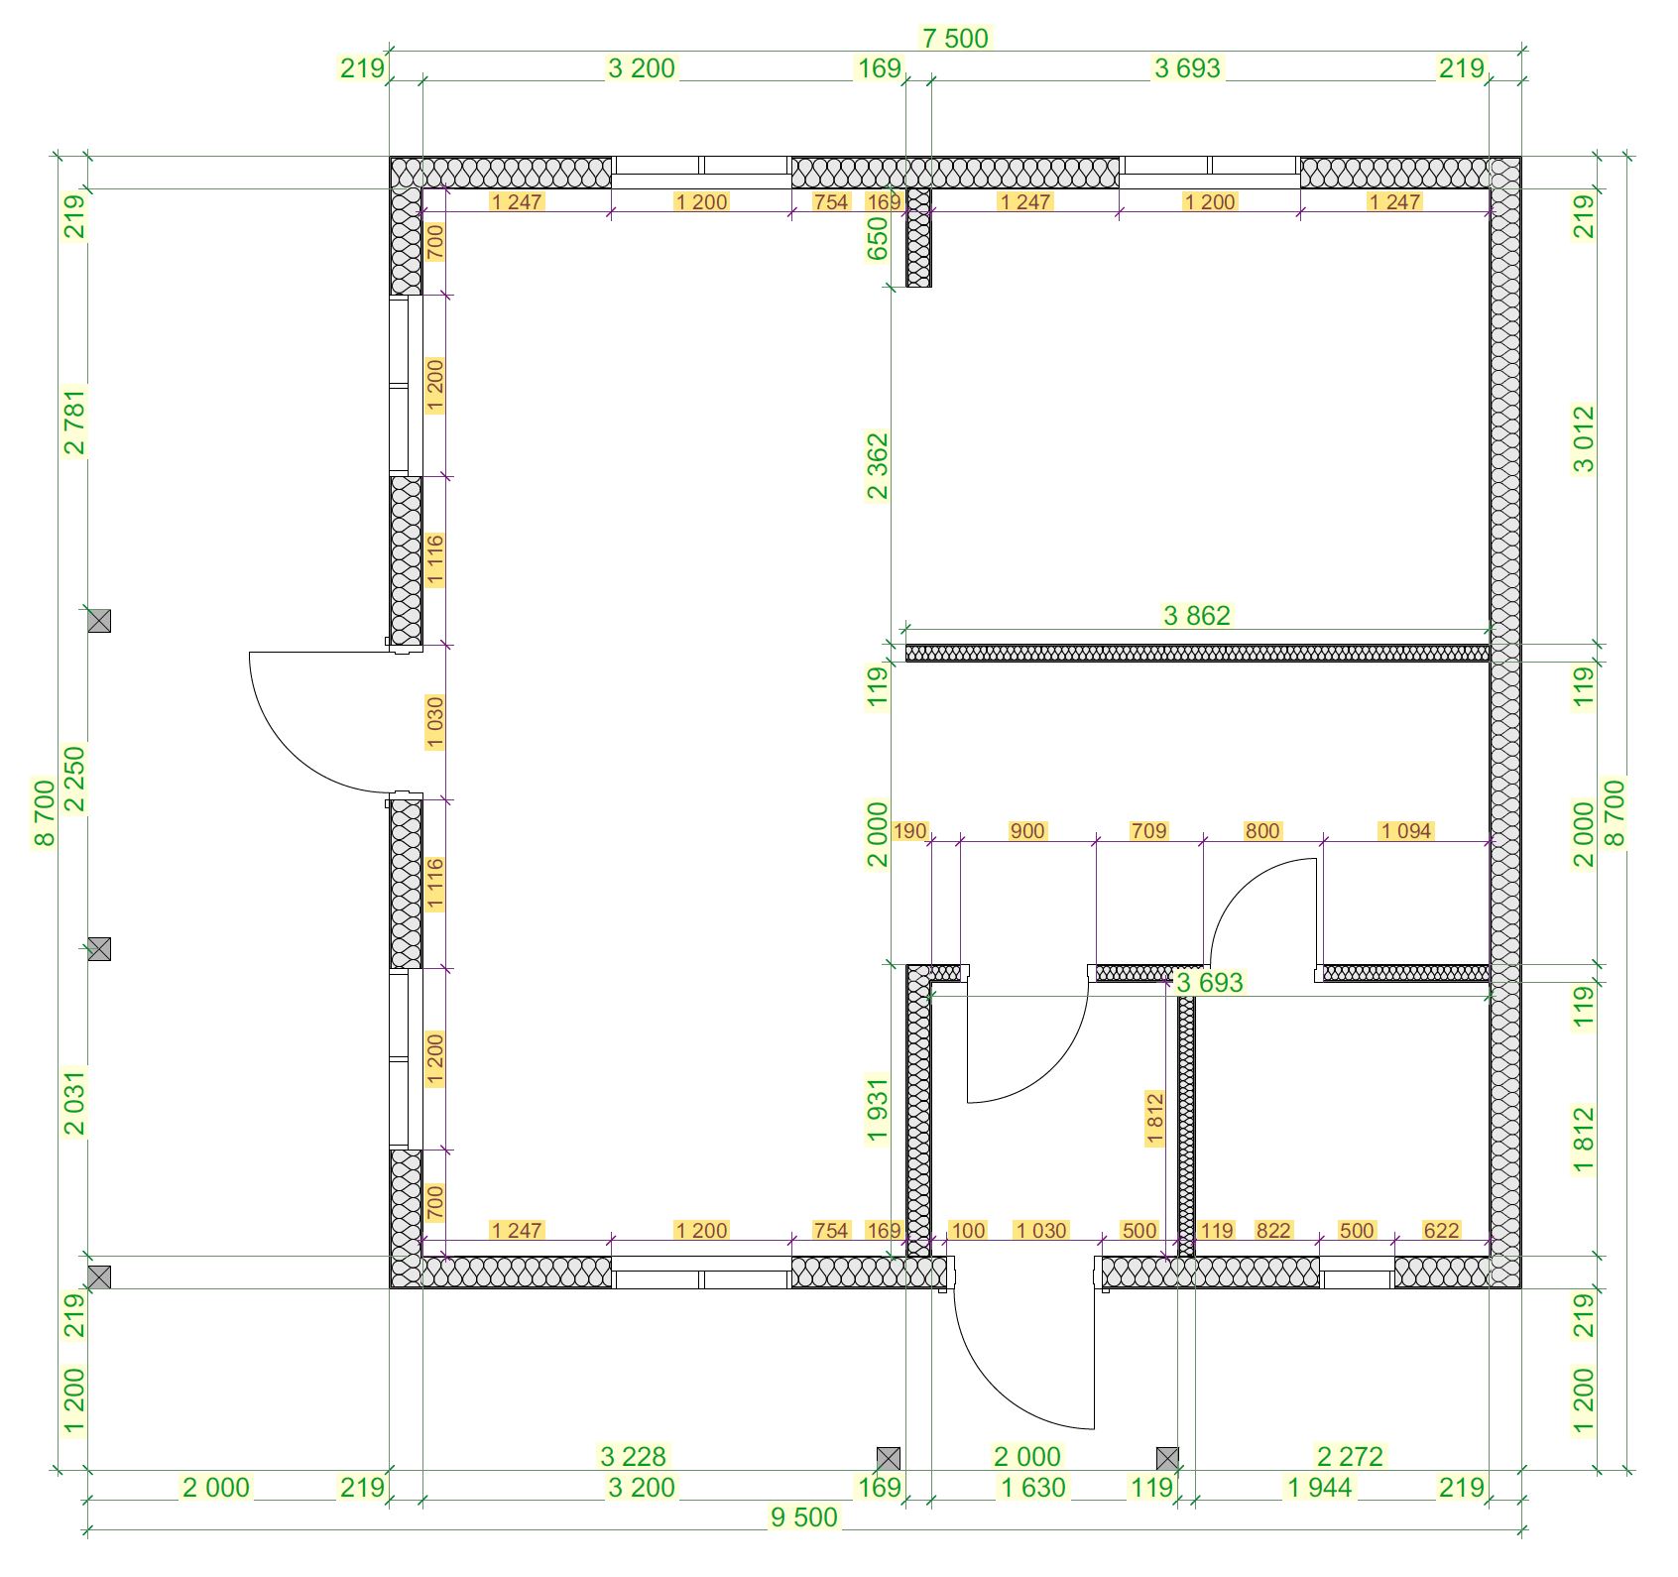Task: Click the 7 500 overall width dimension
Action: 955,39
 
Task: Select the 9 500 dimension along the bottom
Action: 804,1517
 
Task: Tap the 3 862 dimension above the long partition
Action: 1196,616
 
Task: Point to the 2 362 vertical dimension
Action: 878,466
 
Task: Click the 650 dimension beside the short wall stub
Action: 878,238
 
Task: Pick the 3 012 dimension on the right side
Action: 1584,439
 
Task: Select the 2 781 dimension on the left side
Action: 74,421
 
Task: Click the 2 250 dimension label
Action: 74,780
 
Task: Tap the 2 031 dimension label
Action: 74,1101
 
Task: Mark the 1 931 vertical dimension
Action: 878,1111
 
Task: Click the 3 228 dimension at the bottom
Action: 634,1457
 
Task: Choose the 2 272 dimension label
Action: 1350,1457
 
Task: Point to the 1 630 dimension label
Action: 1033,1488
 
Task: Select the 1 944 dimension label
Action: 1319,1488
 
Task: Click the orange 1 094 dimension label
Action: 1406,831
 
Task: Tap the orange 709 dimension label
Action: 1148,831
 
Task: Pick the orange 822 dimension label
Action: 1273,1231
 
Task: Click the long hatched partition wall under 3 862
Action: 1198,654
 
